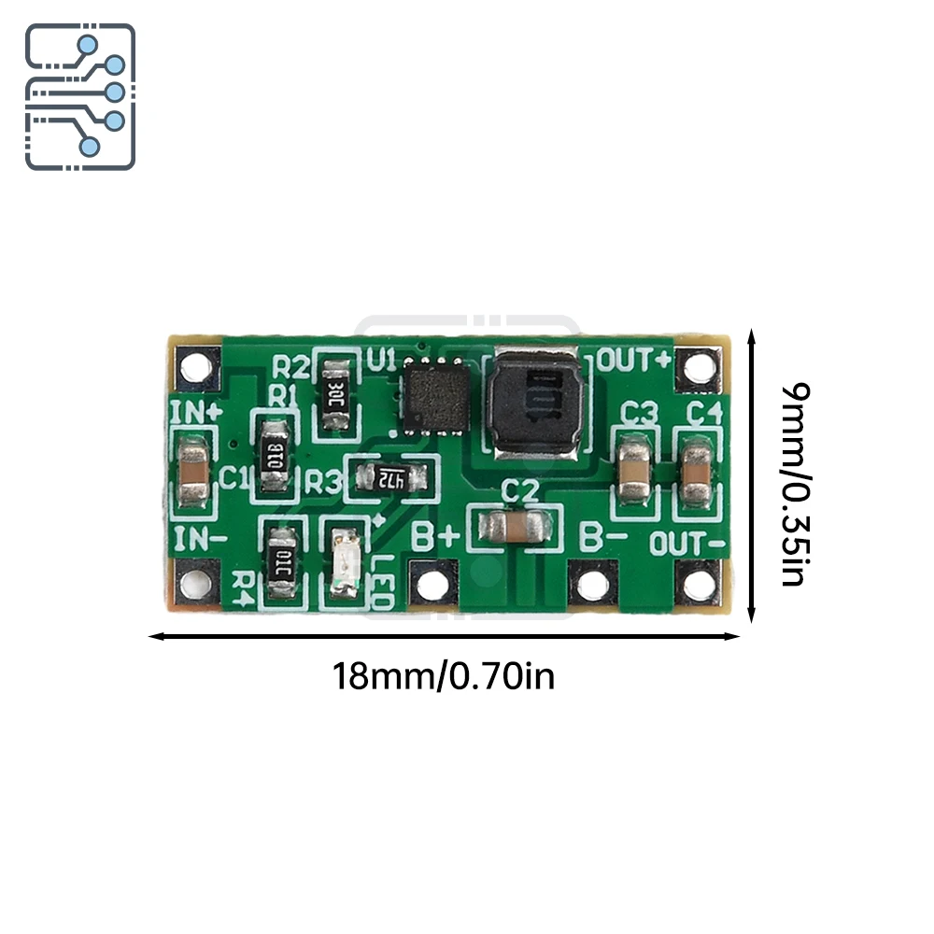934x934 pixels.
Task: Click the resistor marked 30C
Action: [x=335, y=394]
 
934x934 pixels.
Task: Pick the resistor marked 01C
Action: [x=282, y=562]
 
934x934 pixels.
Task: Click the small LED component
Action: [x=343, y=564]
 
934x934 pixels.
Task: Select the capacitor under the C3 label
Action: [x=634, y=469]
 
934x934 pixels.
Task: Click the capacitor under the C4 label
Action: [x=697, y=472]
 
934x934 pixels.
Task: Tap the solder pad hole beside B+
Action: [x=431, y=586]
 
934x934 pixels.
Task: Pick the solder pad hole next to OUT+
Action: [x=698, y=368]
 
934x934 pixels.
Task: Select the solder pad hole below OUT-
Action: [x=699, y=583]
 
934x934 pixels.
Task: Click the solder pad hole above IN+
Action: [x=195, y=365]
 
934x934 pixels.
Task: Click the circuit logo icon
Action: [x=80, y=96]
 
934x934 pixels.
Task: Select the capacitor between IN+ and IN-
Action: [x=194, y=474]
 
